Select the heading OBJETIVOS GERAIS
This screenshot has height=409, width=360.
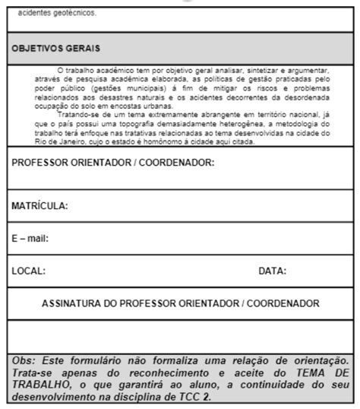pyautogui.click(x=56, y=49)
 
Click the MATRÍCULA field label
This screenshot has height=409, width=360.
pyautogui.click(x=40, y=206)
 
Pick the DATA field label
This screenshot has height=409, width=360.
pyautogui.click(x=272, y=270)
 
